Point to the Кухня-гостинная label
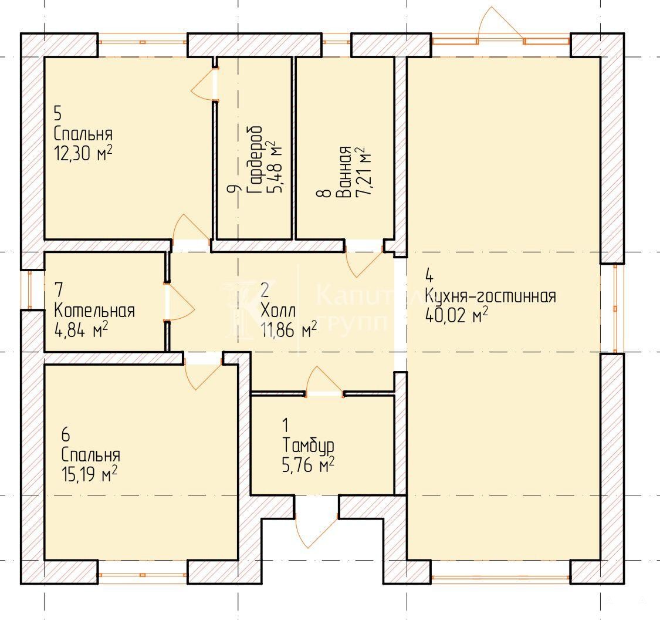click(490, 296)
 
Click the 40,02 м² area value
click(457, 315)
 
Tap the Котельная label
click(94, 311)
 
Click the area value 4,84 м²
click(81, 330)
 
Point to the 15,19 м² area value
click(89, 474)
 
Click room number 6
click(66, 434)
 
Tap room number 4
click(429, 276)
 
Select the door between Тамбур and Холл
click(324, 380)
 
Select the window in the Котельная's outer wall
click(29, 289)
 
